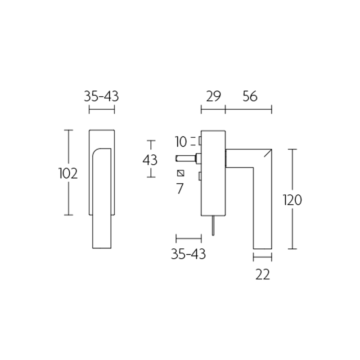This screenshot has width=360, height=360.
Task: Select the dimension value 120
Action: [x=292, y=200]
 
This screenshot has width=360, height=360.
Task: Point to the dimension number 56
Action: [x=249, y=96]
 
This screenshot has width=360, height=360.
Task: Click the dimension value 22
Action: [x=262, y=274]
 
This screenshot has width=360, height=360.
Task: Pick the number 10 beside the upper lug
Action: [x=181, y=142]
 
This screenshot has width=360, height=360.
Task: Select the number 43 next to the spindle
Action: [x=150, y=160]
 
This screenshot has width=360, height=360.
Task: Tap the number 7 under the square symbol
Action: [x=180, y=189]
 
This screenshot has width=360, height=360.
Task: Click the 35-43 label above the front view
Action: [x=101, y=96]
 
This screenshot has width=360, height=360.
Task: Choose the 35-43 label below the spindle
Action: [x=188, y=254]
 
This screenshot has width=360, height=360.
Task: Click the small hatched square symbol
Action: [x=181, y=173]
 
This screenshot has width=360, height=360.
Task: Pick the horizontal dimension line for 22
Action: [x=262, y=258]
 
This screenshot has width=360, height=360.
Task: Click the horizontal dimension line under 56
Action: [x=248, y=109]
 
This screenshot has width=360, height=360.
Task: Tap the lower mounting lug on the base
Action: [x=199, y=176]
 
